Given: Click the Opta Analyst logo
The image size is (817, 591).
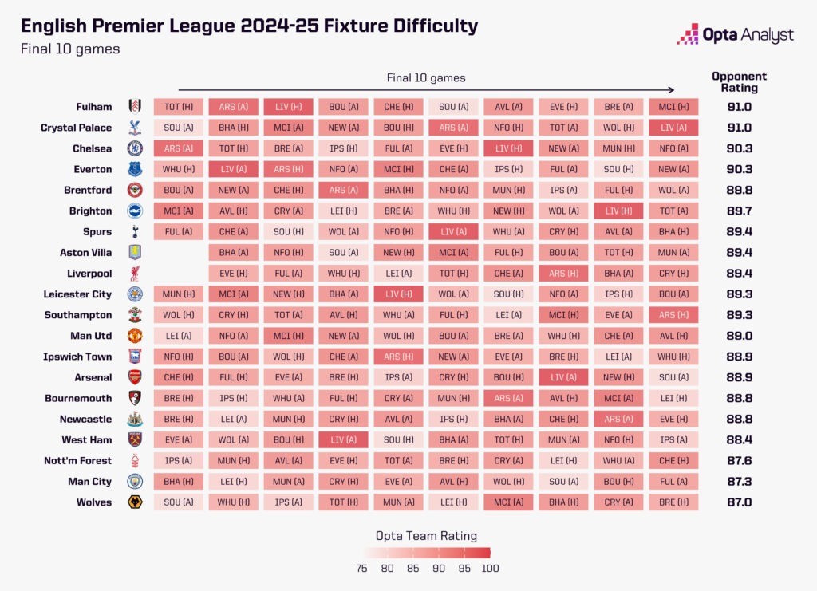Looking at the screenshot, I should click(735, 34).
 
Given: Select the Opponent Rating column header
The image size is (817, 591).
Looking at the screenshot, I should click(739, 82).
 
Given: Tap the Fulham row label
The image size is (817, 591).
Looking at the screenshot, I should click(93, 107).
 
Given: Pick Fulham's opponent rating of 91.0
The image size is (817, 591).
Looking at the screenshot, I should click(739, 107).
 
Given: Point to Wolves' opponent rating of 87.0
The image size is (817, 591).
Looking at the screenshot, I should click(739, 502).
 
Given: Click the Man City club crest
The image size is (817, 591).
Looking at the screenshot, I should click(135, 481).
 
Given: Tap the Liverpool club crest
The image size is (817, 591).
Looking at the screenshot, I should click(135, 274).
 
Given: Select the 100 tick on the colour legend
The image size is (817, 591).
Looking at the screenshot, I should click(490, 568).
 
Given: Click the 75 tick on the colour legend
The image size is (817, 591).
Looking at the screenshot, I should click(362, 568).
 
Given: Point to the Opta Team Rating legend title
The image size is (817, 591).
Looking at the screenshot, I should click(426, 536).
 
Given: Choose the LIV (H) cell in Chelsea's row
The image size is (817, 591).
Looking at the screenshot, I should click(508, 148).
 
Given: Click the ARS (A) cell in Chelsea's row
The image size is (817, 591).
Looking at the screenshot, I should click(178, 148).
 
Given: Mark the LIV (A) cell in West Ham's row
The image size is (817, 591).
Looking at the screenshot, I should click(343, 439).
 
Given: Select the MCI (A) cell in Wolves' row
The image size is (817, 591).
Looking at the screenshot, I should click(508, 502).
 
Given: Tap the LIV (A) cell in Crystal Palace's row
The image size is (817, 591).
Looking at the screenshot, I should click(673, 128).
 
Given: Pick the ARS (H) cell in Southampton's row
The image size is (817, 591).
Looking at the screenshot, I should click(673, 315).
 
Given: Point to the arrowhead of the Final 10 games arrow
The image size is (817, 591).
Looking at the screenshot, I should click(673, 90).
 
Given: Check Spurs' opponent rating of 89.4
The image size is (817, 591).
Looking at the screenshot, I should click(739, 232).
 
